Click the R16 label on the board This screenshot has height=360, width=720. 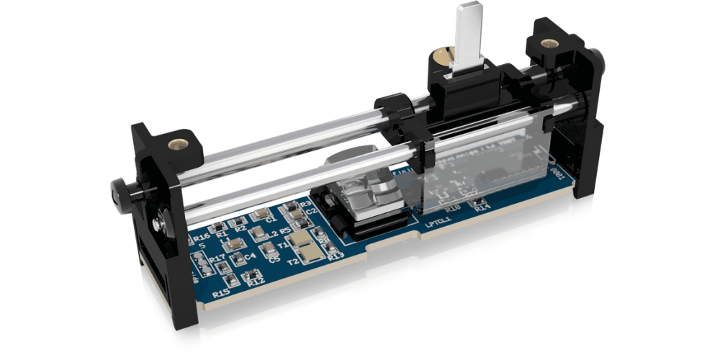(x=202, y=237)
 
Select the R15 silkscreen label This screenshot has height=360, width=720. (x=221, y=292)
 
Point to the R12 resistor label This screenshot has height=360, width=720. (x=256, y=282)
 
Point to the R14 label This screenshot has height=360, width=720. (x=482, y=207)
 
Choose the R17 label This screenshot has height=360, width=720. (x=217, y=257)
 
